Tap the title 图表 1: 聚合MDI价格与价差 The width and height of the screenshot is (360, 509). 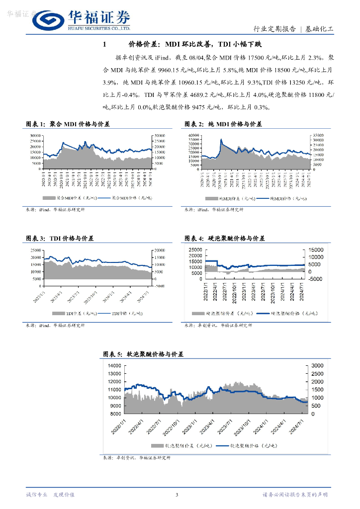click(68, 124)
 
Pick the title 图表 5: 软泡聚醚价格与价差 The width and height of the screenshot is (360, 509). click(143, 354)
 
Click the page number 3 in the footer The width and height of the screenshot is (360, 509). click(177, 495)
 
